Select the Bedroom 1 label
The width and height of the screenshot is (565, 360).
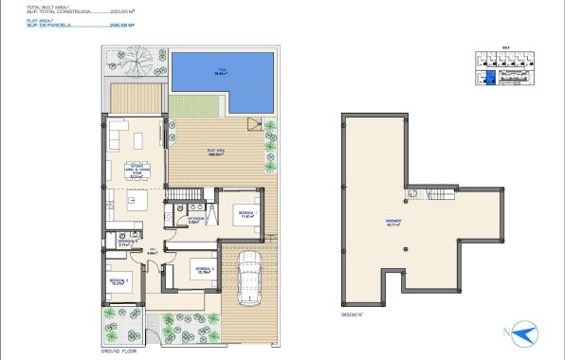coord(245,213)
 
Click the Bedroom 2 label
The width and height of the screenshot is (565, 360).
coord(205,270)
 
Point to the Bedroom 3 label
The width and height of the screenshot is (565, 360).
coord(118,281)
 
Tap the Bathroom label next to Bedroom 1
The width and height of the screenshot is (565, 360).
coord(196,221)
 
